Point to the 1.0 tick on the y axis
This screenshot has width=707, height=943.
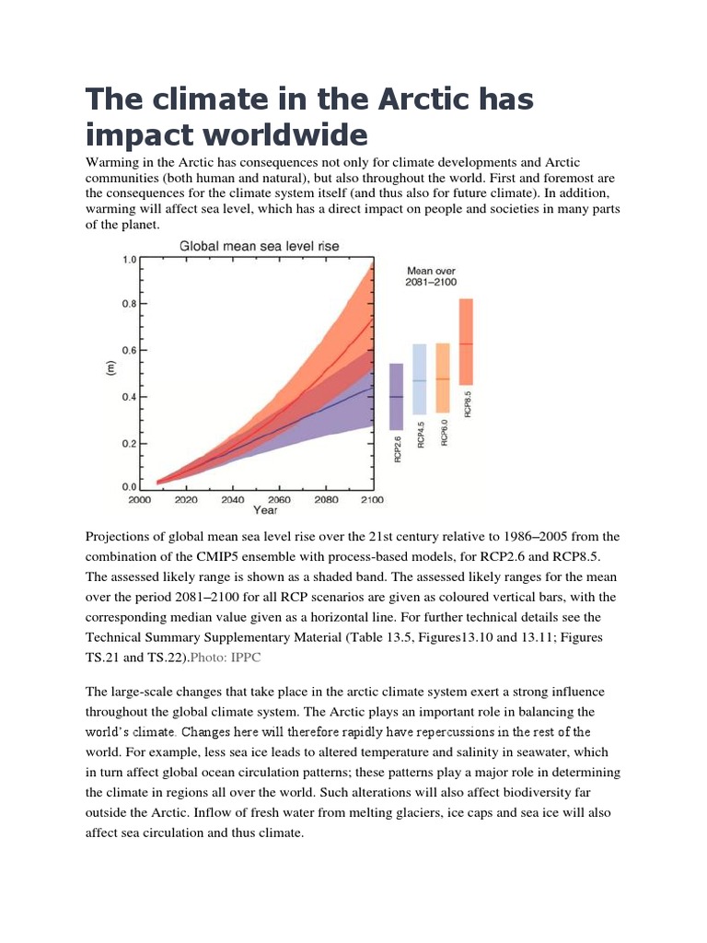[129, 260]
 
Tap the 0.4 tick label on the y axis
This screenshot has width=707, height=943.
[129, 397]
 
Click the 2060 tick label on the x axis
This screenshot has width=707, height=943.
[279, 500]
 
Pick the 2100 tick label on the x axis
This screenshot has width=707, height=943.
[372, 500]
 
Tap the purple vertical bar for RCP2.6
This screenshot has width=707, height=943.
[396, 396]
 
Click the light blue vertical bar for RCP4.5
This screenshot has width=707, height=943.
[420, 378]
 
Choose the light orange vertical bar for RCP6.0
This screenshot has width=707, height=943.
[443, 378]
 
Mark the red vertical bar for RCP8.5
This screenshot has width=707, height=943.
[467, 341]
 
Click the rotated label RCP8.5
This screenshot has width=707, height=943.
[469, 403]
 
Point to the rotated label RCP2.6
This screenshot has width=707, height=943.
[398, 448]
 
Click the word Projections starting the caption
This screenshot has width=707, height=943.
[121, 537]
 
